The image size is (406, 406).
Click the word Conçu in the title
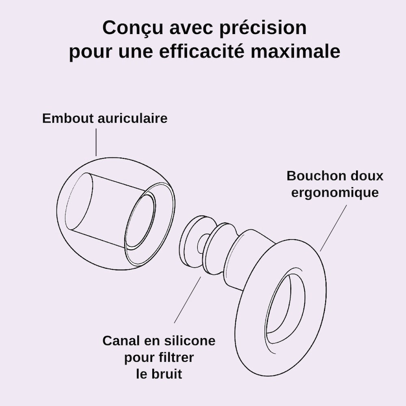[x=133, y=28]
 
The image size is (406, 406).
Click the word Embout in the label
[x=68, y=118]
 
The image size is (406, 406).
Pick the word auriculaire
[x=133, y=118]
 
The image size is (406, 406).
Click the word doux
[x=367, y=176]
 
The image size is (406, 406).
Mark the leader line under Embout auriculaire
[x=96, y=143]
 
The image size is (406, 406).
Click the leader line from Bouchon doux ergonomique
[x=333, y=228]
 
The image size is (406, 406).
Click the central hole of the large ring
[x=285, y=303]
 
